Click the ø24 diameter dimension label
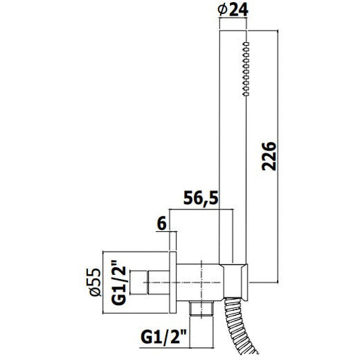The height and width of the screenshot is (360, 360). coord(233,11)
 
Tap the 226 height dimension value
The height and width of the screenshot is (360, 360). coord(269,156)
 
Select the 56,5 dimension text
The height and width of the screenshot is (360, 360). coord(201,198)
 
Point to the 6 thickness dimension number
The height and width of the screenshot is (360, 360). coord(162,224)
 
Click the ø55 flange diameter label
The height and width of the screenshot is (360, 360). coord(96,282)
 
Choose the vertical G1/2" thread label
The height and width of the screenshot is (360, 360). coord(119,285)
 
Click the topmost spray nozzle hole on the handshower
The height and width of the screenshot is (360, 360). coord(246,44)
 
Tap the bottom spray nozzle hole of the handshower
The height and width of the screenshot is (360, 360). coord(246,94)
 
